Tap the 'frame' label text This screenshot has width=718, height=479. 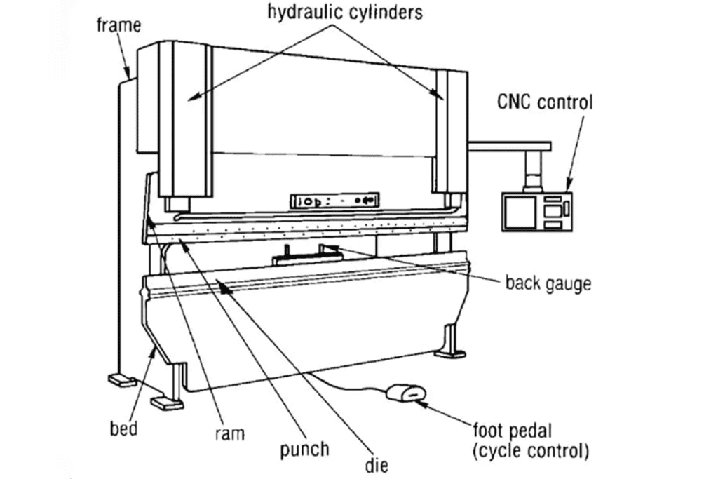[118, 25]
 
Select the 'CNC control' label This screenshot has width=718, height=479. [545, 102]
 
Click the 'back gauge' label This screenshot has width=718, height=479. [548, 284]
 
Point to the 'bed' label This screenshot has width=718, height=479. [123, 428]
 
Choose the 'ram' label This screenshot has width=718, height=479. [229, 434]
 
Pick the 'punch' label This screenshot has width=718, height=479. [304, 449]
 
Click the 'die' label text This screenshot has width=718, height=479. [377, 464]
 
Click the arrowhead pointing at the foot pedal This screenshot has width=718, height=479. [422, 403]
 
